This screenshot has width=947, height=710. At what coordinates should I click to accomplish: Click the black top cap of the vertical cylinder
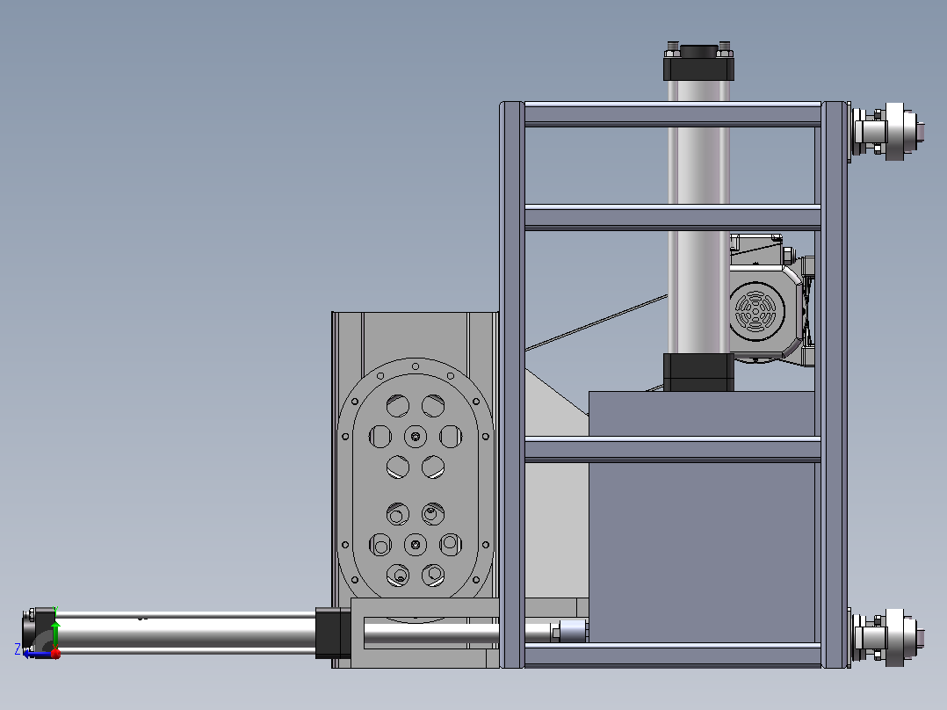(x=698, y=63)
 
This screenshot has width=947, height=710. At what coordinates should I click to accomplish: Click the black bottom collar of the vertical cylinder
(x=698, y=373)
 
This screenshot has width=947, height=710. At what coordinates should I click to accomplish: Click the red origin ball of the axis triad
(x=55, y=653)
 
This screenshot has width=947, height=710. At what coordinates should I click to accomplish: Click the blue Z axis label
(x=18, y=649)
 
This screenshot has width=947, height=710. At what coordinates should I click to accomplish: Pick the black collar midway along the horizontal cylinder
(x=332, y=633)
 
